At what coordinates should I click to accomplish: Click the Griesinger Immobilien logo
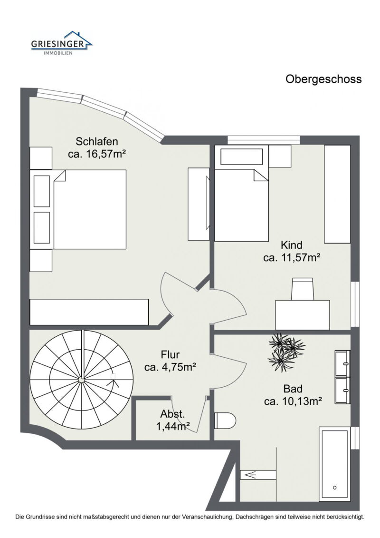62,43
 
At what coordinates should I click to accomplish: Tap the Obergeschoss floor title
323,79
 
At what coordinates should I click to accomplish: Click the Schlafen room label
97,141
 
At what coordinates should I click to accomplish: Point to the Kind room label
292,245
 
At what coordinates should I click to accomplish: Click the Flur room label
170,354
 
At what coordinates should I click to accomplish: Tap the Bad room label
293,388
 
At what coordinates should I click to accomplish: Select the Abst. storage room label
172,413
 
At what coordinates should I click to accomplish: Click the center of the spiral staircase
81,380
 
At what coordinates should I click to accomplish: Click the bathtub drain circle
334,488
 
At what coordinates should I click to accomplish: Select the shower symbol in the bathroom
250,474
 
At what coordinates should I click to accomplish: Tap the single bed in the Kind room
241,205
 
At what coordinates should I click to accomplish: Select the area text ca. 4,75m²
170,367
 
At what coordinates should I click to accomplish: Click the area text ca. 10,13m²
293,401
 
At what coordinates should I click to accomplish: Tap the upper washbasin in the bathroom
342,363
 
